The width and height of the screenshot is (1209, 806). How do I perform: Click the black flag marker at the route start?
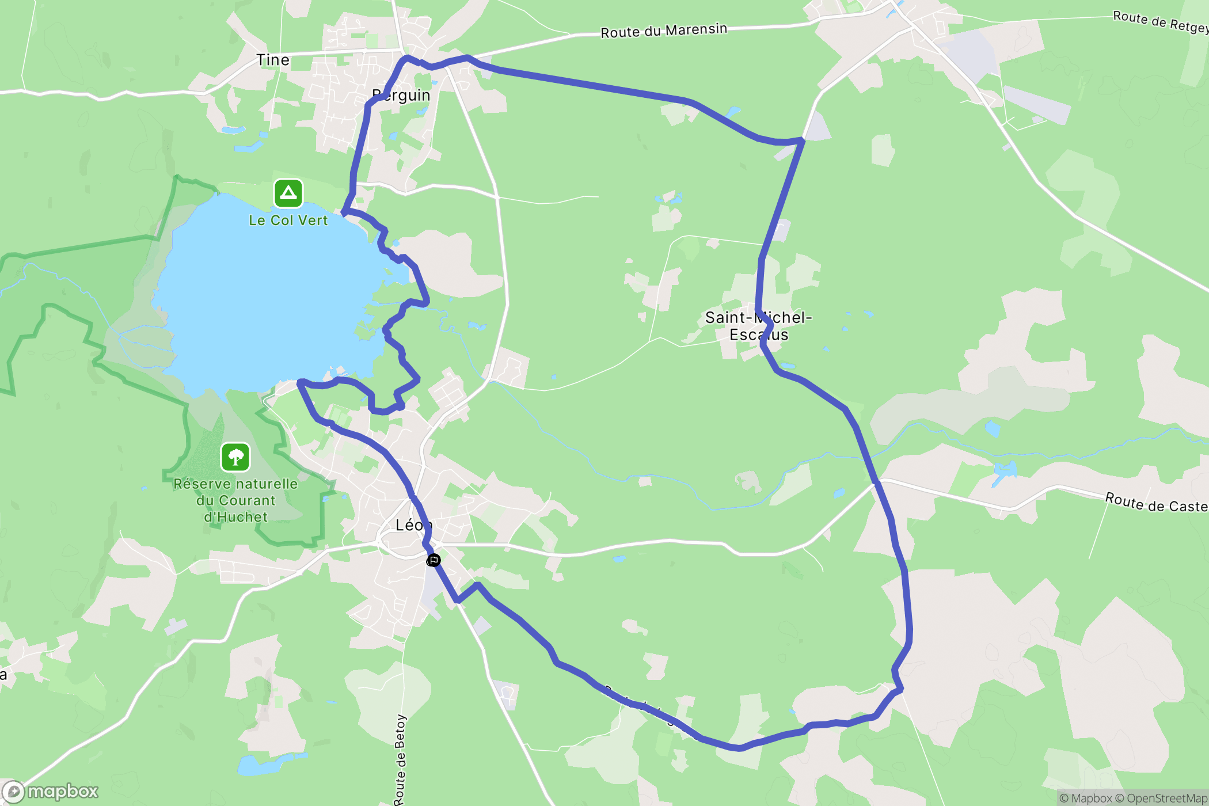click(x=434, y=560)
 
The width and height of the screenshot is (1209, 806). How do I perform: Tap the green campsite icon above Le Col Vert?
click(x=288, y=193)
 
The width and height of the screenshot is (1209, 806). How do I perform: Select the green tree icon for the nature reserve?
click(x=235, y=458)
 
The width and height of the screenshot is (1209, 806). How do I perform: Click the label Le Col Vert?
click(x=288, y=220)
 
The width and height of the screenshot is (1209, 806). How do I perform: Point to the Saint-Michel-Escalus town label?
click(x=758, y=326)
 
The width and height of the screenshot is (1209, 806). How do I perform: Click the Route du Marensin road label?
click(x=663, y=31)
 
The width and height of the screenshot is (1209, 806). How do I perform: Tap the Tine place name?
click(x=273, y=60)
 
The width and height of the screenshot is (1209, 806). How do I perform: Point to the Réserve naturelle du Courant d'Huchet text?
click(x=235, y=500)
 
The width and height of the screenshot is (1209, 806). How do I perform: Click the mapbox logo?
click(x=52, y=792)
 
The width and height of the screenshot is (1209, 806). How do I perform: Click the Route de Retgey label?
click(x=1159, y=22)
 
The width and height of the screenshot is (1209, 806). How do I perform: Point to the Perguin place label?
click(x=402, y=96)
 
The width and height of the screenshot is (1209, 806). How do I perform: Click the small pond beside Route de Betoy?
click(x=259, y=765)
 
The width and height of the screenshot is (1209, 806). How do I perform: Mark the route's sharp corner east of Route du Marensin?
click(x=802, y=139)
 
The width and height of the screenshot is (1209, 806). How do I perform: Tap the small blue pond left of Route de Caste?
click(x=1005, y=471)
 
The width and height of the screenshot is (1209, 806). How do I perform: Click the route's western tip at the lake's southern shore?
click(x=300, y=382)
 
